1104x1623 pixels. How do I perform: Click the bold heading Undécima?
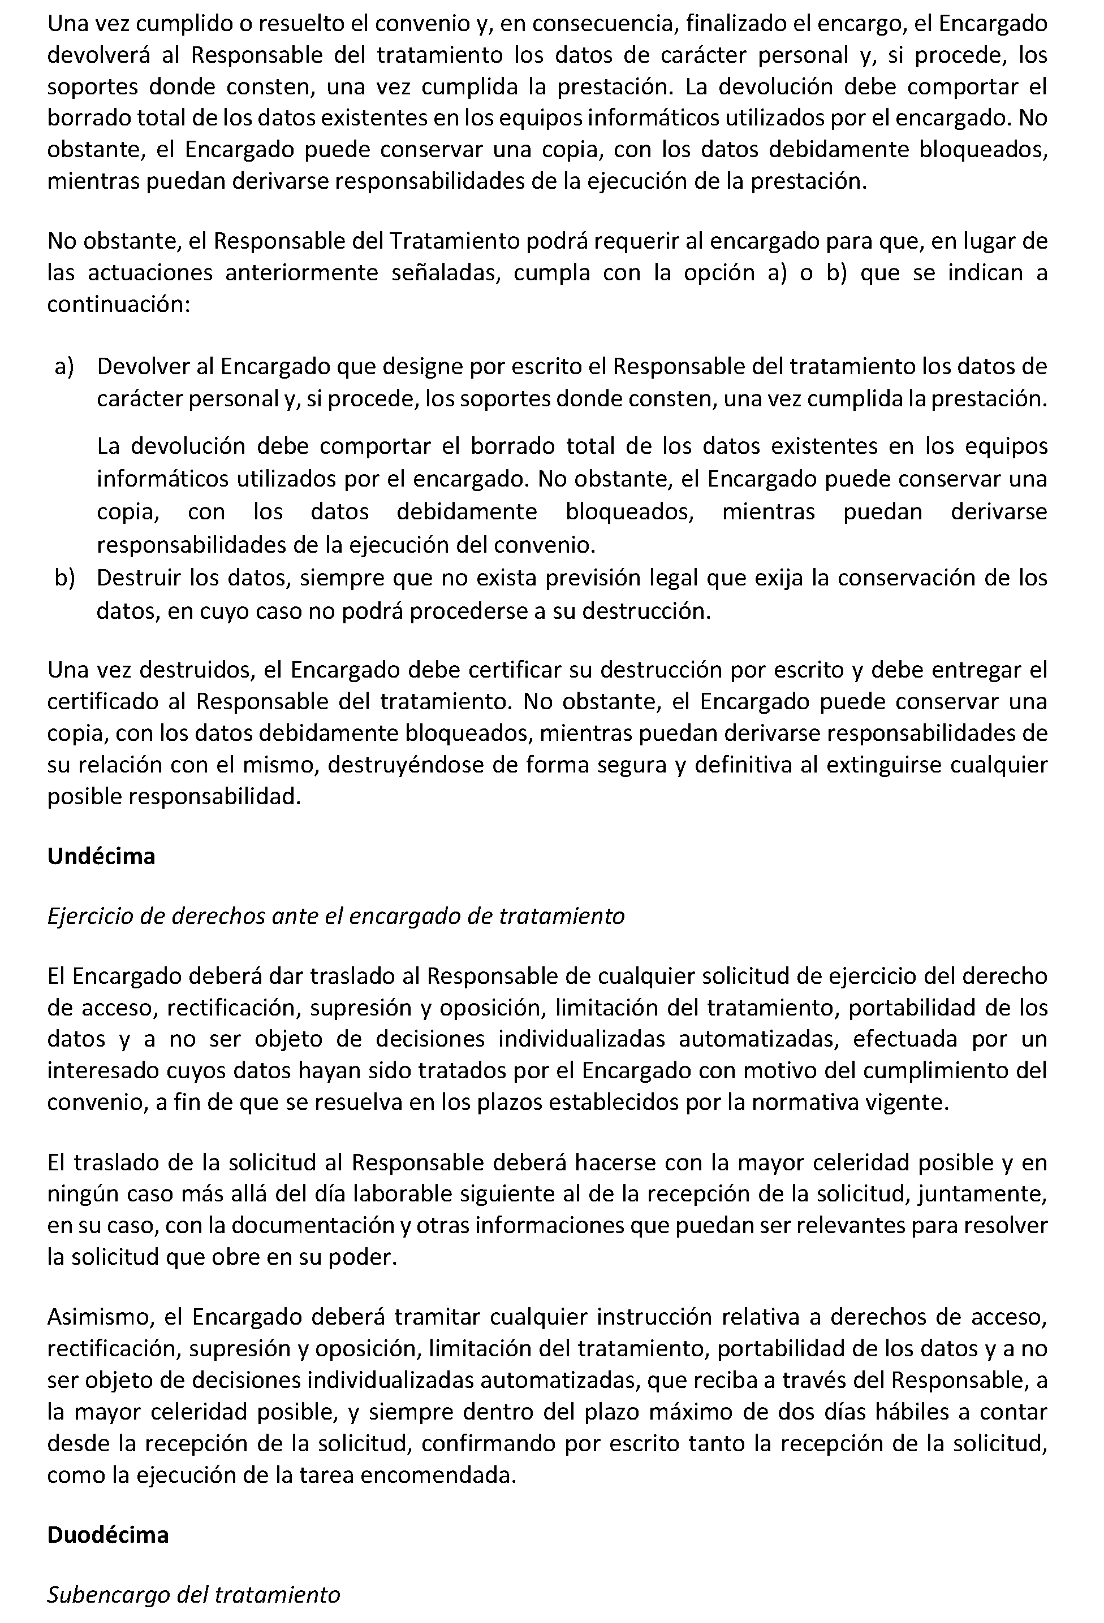(x=101, y=856)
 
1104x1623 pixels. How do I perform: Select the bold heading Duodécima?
(x=107, y=1535)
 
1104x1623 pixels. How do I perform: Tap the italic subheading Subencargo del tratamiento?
(x=193, y=1595)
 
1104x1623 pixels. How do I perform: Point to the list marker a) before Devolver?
(x=64, y=367)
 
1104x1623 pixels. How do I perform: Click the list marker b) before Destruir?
(x=64, y=578)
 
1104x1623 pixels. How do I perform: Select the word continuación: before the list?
(x=118, y=305)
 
